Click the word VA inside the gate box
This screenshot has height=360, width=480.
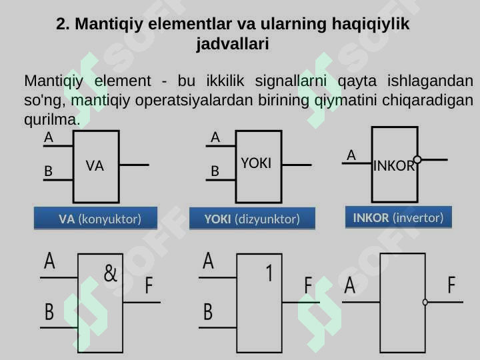95,166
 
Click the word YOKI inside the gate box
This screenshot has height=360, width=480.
256,163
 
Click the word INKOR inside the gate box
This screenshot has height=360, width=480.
394,166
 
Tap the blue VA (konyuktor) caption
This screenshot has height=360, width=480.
95,218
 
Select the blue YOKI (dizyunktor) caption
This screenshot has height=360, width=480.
252,219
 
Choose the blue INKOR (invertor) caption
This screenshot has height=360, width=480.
399,217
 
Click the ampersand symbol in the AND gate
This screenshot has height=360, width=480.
111,273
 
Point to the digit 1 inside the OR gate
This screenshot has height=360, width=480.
269,273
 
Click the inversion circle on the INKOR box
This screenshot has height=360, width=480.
417,159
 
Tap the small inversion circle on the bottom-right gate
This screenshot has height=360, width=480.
425,302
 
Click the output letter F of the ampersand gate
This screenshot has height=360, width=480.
149,285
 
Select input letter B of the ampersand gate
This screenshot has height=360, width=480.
49,312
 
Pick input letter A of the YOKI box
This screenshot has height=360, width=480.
215,137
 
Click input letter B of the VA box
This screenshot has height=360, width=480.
49,171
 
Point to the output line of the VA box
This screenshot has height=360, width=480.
134,165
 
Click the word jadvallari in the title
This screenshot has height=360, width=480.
233,44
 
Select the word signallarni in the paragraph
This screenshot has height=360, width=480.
291,81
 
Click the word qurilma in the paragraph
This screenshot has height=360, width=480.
50,119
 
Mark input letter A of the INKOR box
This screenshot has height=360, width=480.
351,155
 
